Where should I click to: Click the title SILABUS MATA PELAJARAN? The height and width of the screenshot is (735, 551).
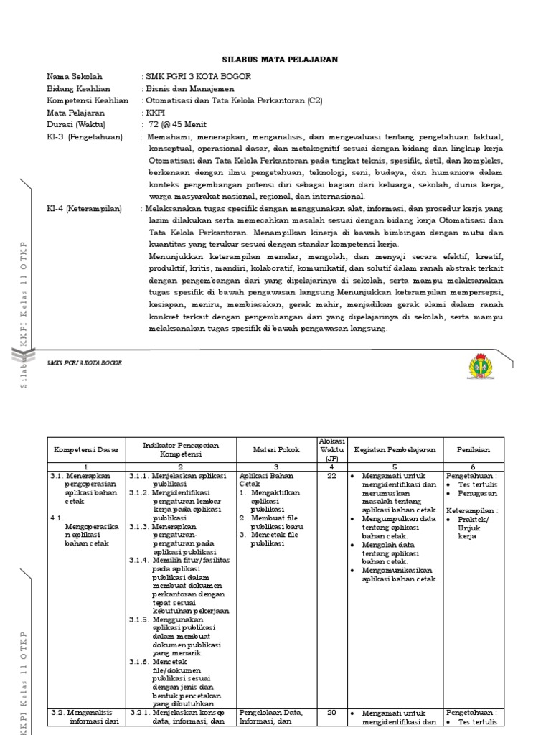pos(275,60)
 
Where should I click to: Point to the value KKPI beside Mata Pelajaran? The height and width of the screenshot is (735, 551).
pos(154,113)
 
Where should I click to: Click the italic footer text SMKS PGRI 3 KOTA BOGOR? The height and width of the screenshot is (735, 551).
pos(85,363)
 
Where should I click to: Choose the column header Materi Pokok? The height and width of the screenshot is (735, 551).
pos(276,450)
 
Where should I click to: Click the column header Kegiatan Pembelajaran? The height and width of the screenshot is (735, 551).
pos(394,450)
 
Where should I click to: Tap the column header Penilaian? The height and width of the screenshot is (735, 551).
pos(473,450)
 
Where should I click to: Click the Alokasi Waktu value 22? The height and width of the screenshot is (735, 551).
pos(331,476)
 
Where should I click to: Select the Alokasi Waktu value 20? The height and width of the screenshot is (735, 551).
pos(331,713)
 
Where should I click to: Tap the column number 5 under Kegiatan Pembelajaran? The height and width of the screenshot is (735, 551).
pos(394,467)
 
